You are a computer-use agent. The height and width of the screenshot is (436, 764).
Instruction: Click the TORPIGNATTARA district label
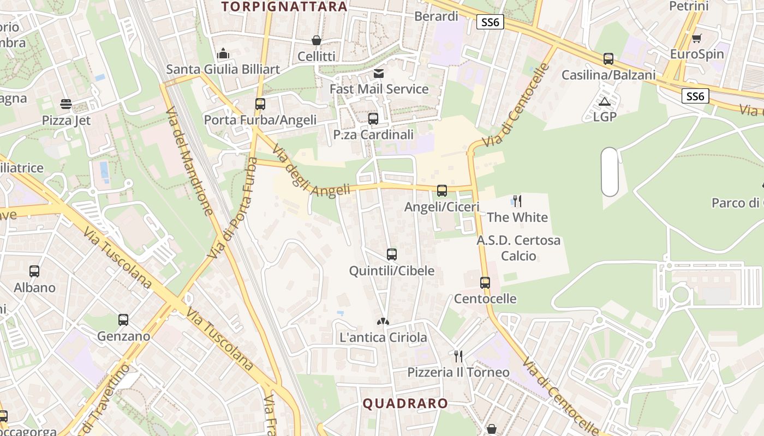tap(284, 7)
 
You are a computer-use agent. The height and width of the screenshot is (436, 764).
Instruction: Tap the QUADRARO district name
tap(405, 404)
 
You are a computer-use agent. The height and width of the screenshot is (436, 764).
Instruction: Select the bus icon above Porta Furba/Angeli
tap(260, 104)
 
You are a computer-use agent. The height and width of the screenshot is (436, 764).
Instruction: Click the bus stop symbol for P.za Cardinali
tap(373, 118)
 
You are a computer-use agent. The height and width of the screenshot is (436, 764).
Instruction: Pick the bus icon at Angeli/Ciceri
tap(442, 191)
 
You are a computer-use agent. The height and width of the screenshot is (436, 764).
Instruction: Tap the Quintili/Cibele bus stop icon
tap(391, 254)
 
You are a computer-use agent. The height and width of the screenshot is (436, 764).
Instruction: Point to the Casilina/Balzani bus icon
tap(608, 59)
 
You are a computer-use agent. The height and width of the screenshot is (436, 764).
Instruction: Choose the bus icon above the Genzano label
tap(123, 320)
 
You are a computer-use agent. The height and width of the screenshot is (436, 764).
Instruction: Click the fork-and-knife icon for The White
tap(517, 201)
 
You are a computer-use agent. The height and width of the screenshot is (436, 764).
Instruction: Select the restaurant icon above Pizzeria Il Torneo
tap(458, 356)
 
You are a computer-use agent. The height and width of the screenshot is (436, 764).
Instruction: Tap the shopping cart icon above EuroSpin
tap(696, 38)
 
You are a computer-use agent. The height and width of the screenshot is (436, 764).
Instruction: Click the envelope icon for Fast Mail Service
tap(379, 73)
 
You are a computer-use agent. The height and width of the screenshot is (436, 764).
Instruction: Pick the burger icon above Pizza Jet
tap(66, 104)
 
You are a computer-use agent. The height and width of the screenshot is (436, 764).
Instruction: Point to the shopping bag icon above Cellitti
tap(316, 40)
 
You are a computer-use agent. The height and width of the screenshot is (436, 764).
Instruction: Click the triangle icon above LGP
tap(604, 101)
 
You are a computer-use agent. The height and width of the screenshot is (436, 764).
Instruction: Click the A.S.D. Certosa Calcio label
tap(518, 248)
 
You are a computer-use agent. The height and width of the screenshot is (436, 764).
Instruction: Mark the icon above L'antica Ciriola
tap(383, 322)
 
